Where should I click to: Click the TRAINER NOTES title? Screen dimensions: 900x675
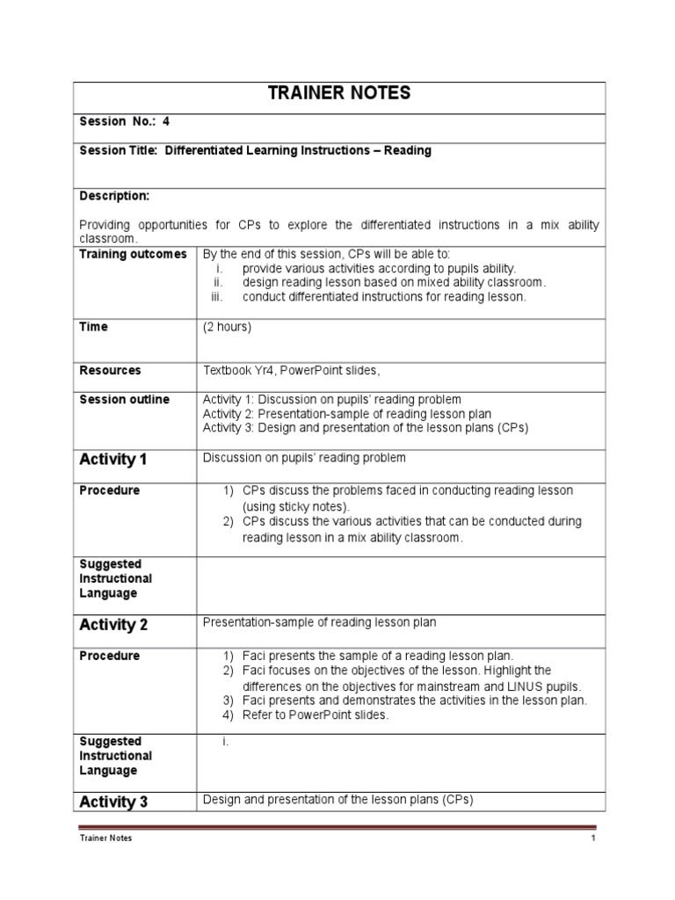pos(338,94)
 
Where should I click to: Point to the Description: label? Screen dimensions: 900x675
pos(114,195)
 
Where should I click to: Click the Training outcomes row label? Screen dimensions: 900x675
pos(133,254)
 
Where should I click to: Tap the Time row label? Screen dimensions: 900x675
pos(93,327)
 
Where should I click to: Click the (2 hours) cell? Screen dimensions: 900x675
pos(227,327)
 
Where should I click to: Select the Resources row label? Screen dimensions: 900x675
pos(110,371)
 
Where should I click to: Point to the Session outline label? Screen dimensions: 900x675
pos(124,400)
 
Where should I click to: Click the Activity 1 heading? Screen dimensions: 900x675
pos(113,460)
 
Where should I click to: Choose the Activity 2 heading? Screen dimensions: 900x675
pos(113,625)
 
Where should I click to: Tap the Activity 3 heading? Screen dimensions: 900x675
pos(113,802)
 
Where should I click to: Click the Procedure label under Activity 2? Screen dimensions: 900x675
pos(109,656)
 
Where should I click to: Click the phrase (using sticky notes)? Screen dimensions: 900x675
pos(295,507)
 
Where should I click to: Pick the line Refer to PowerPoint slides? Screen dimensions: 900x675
pos(315,715)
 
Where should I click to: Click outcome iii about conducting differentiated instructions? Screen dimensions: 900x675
pos(384,297)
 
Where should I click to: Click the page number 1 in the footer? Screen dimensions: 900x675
pos(593,838)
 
